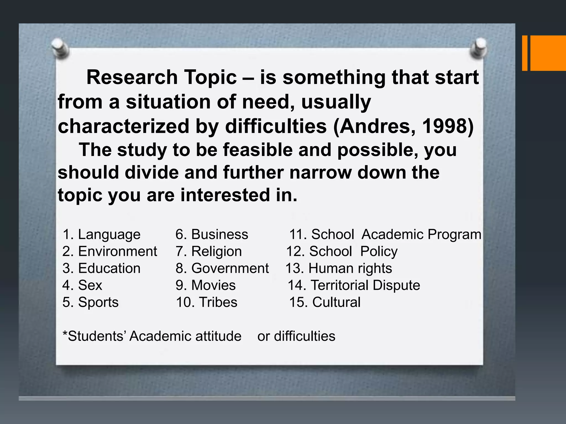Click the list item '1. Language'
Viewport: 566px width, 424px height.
[x=101, y=235]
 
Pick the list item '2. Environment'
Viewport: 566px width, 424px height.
[x=110, y=251]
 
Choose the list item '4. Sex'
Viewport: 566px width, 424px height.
[x=82, y=285]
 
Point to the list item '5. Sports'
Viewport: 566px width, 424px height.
[x=90, y=302]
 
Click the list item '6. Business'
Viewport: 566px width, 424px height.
[x=212, y=235]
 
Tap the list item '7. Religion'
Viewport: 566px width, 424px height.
[x=209, y=251]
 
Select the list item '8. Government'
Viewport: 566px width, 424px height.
[x=222, y=268]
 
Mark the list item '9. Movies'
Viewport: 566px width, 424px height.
[x=206, y=285]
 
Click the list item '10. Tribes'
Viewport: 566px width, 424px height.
[x=206, y=302]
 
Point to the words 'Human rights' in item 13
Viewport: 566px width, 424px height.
[x=350, y=268]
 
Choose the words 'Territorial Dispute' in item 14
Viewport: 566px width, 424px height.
[x=365, y=285]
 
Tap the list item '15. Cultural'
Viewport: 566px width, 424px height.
[x=325, y=302]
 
